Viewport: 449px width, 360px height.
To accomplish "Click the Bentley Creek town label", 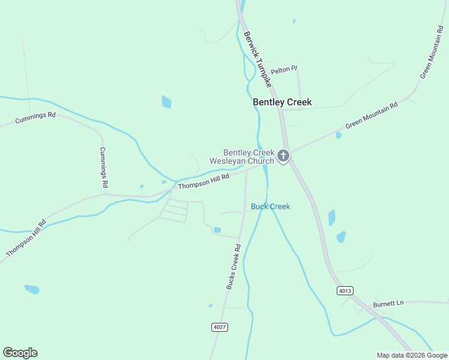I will (x=282, y=102).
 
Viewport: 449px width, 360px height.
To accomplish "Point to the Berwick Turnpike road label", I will (x=258, y=58).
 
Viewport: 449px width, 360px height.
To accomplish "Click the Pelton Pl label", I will (x=284, y=70).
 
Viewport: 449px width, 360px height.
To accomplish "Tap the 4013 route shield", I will (x=345, y=290).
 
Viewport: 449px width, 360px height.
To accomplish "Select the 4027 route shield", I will (x=220, y=327).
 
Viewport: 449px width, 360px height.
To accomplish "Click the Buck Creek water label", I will (x=270, y=206).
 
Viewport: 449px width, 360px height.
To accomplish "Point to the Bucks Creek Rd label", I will (x=234, y=266).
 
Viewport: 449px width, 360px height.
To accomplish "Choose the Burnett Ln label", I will (x=388, y=303).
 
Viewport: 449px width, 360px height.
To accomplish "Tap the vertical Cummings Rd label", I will (x=104, y=166).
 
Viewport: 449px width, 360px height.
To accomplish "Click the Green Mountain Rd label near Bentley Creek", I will (x=371, y=116).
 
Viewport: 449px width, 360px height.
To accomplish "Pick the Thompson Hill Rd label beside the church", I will (x=203, y=182).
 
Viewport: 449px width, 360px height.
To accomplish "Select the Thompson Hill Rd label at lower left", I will (x=26, y=239).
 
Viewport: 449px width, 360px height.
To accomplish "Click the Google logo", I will (x=20, y=353).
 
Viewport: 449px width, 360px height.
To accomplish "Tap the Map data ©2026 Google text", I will (x=412, y=355).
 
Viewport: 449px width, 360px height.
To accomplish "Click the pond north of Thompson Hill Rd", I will (x=166, y=102).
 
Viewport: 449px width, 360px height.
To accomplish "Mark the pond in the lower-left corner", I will (x=32, y=289).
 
